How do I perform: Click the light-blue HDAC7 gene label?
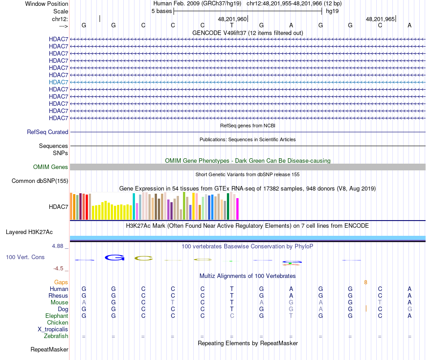58,82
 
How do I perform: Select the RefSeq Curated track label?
48,132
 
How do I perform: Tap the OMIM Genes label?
51,167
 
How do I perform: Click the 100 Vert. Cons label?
25,257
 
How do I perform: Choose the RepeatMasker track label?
49,349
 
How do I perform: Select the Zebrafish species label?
56,336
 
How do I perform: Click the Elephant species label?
57,316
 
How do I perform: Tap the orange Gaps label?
61,282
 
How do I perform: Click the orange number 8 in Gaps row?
365,282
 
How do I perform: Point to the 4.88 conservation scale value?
58,246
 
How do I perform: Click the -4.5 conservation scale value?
59,269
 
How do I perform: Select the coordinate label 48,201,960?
232,19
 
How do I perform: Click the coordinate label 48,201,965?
380,19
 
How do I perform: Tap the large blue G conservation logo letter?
114,257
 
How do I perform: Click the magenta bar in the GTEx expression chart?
238,209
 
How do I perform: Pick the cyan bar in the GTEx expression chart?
134,207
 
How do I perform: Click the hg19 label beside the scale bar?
332,11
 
